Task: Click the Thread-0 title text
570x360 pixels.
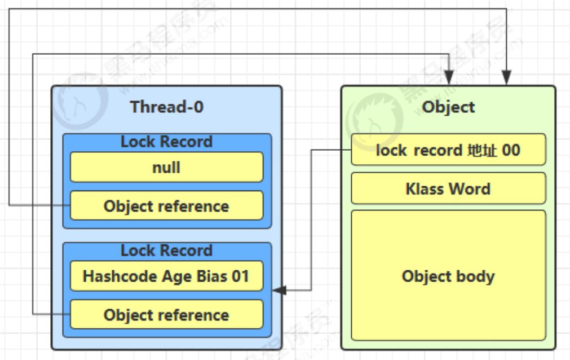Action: click(x=166, y=107)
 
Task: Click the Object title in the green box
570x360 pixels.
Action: click(x=448, y=107)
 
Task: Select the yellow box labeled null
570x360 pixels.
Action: click(x=166, y=167)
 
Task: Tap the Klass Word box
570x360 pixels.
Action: click(x=448, y=188)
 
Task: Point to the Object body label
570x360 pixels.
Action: click(x=448, y=276)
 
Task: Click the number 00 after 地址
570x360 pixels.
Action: click(x=511, y=150)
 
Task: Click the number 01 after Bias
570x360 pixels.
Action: click(x=240, y=276)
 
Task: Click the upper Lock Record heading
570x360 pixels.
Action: click(x=166, y=142)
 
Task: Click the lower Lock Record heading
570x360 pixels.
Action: click(x=166, y=251)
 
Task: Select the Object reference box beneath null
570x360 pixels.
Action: click(x=166, y=205)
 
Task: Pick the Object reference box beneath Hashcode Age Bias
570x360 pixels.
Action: click(x=166, y=314)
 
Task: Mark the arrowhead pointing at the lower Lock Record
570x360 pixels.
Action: click(x=279, y=290)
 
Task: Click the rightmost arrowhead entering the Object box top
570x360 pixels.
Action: click(x=507, y=78)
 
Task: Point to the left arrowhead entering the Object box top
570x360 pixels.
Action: click(x=449, y=78)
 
